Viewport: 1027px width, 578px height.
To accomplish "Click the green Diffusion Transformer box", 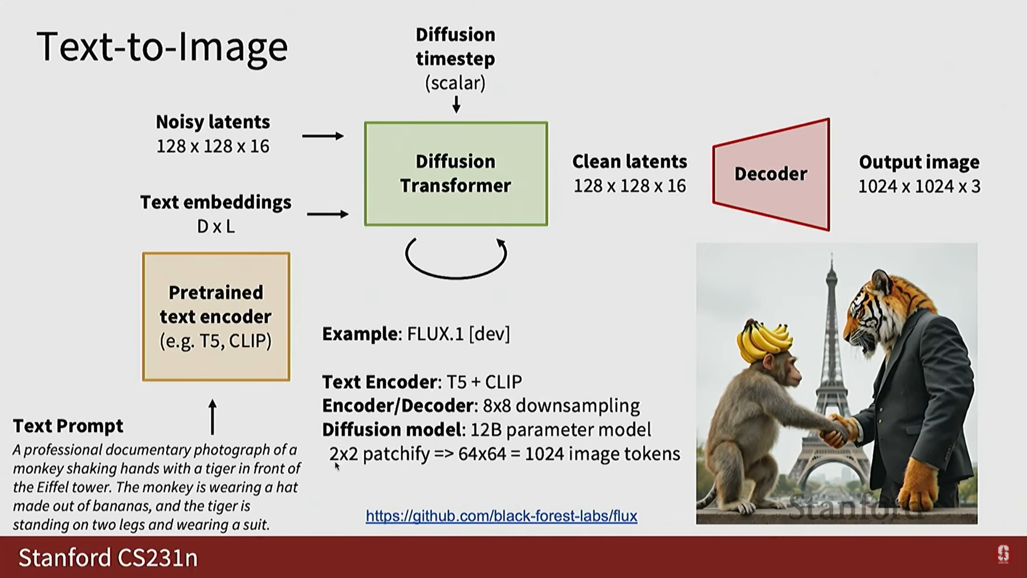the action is click(456, 174).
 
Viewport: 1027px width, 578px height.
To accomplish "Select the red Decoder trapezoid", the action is click(771, 174).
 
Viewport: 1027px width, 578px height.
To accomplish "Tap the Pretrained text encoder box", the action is click(216, 317).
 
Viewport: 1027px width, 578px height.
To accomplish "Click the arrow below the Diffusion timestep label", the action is click(456, 104).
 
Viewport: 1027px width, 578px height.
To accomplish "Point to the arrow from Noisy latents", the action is click(323, 136).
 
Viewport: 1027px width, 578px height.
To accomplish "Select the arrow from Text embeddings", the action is click(328, 214).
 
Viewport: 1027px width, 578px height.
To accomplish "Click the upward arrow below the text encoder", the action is click(212, 417).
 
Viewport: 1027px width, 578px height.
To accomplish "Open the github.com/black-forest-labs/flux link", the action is click(502, 516).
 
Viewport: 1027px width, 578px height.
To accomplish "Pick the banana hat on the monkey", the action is click(764, 340).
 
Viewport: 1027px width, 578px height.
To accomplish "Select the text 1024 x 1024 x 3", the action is click(919, 186).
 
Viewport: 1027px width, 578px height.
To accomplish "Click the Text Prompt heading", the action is click(68, 426).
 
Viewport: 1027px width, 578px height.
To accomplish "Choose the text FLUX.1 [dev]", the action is click(458, 334).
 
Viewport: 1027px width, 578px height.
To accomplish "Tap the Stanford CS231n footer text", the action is click(108, 558).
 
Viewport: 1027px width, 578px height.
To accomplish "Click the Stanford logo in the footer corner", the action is click(1003, 554).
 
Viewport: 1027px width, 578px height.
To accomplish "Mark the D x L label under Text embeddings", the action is click(216, 226).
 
